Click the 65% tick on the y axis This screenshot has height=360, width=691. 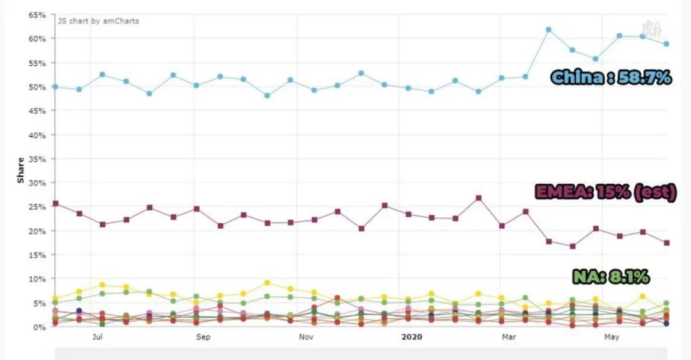coord(36,14)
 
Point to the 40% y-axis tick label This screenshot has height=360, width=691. coord(36,135)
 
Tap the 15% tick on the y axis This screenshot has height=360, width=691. coord(36,254)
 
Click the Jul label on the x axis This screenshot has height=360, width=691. coord(97,337)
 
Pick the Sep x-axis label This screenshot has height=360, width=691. coord(202,337)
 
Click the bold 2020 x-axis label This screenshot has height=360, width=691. coord(412,337)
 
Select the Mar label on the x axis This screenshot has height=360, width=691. coord(509,337)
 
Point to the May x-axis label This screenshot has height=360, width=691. coord(612,337)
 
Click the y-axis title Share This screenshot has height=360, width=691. coord(20,171)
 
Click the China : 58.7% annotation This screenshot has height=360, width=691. coord(611,78)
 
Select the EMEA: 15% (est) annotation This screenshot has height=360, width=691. coord(605,192)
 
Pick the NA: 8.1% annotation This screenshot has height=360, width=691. coord(610,277)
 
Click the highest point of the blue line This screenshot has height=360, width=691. coord(548,29)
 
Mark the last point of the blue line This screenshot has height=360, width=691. coord(666,44)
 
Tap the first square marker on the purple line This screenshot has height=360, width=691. coord(56,203)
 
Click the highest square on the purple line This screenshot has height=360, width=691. coord(478,198)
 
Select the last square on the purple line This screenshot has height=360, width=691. coord(666,243)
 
